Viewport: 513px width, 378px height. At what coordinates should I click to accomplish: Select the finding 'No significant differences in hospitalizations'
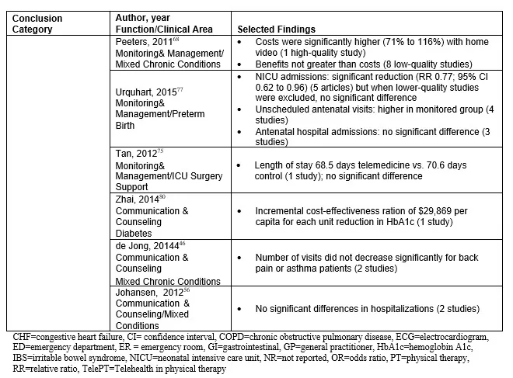click(345, 309)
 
